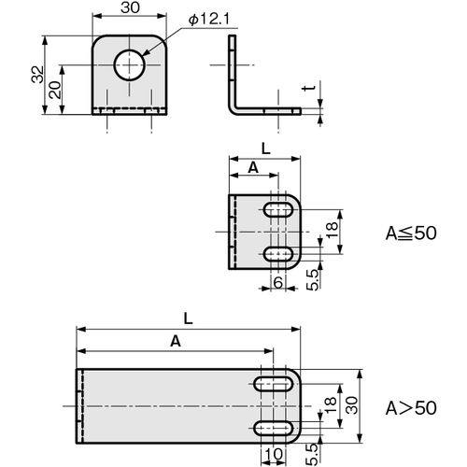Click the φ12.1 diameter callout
tap(209, 20)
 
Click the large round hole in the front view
tap(129, 65)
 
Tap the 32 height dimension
tap(38, 74)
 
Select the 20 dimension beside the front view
tap(55, 90)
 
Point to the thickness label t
tap(309, 89)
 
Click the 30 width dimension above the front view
tap(130, 7)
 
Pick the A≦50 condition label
tap(411, 233)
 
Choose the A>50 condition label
tap(411, 408)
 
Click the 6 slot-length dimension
tap(278, 282)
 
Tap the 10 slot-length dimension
tap(274, 454)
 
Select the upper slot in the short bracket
tap(278, 210)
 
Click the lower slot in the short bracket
tap(278, 254)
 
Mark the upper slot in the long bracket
tap(273, 384)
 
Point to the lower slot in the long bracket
tap(273, 429)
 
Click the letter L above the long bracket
tap(188, 318)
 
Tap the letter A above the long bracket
tap(176, 342)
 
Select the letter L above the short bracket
tap(265, 149)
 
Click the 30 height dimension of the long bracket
tap(352, 405)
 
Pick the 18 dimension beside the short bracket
tap(333, 230)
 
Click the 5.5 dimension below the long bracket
tap(313, 455)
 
